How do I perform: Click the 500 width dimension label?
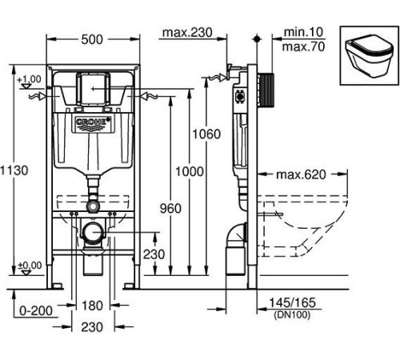[92, 40]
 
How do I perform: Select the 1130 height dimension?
[14, 170]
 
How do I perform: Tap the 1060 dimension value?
[206, 134]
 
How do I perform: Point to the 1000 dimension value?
[190, 171]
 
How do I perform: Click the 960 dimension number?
[170, 208]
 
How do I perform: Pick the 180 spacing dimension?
[92, 306]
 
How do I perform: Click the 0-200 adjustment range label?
[36, 310]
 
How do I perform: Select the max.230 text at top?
[187, 32]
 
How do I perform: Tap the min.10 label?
[303, 32]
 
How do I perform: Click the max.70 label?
[303, 46]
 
